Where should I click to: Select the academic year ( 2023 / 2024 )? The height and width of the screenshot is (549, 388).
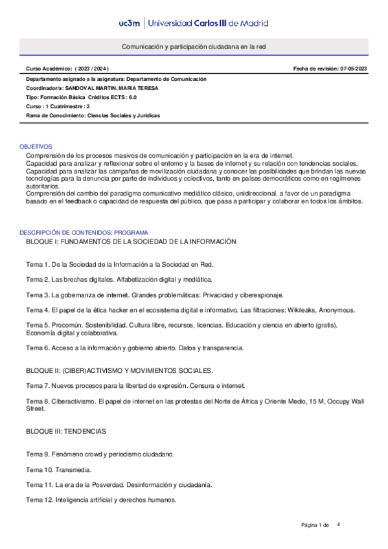click(x=92, y=68)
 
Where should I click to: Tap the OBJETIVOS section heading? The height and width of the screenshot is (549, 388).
click(x=36, y=147)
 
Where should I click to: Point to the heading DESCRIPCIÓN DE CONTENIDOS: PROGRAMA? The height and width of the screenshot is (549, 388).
click(x=84, y=232)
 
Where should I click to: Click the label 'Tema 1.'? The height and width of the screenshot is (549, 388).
click(x=38, y=265)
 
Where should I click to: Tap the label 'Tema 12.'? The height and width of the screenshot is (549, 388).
click(x=40, y=500)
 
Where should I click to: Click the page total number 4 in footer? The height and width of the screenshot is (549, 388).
click(x=338, y=524)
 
